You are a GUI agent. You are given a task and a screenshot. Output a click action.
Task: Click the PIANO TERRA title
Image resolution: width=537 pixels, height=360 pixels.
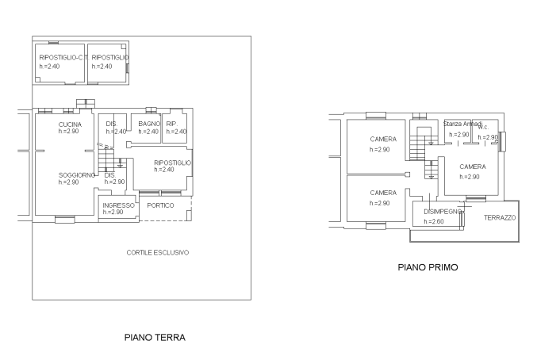(x=155, y=337)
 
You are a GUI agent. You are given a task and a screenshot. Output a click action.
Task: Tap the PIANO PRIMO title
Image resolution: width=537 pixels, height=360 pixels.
(x=428, y=267)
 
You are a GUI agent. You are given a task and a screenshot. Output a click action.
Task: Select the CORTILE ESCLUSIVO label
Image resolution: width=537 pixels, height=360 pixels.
(x=158, y=253)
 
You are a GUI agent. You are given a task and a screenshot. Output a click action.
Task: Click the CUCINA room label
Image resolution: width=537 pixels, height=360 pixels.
(x=70, y=124)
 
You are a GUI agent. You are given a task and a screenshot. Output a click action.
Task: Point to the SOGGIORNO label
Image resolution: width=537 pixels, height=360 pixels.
(x=77, y=174)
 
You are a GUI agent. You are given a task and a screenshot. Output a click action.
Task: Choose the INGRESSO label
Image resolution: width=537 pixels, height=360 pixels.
(x=117, y=205)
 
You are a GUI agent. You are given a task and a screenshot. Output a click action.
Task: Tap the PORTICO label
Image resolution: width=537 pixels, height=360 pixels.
(x=160, y=205)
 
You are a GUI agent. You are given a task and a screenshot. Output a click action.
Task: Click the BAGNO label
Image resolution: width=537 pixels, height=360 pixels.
(x=149, y=124)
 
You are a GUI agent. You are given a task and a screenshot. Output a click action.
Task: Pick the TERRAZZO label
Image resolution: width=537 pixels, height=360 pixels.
(x=500, y=217)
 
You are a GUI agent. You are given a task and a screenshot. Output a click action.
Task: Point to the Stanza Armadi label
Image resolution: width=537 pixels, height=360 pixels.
(x=463, y=124)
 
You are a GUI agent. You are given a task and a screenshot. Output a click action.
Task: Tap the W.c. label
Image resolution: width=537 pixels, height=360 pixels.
(x=483, y=127)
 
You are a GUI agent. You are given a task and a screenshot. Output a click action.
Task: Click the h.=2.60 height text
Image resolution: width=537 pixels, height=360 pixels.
(x=435, y=221)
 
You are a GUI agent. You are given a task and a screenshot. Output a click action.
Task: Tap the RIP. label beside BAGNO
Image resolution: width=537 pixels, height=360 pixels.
(x=171, y=124)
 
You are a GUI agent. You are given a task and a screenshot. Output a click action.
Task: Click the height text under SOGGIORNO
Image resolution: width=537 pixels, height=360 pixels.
(x=69, y=182)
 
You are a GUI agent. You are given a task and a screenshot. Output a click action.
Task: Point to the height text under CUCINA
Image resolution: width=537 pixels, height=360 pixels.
(x=69, y=132)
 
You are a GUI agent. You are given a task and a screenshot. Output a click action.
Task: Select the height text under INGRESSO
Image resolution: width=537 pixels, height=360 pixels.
(x=113, y=212)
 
